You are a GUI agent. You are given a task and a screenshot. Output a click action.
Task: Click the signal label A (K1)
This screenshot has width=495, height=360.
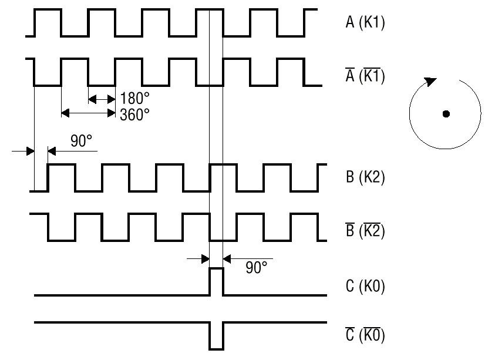point(365,22)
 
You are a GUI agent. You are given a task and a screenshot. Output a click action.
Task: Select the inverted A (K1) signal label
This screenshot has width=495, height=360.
point(365,76)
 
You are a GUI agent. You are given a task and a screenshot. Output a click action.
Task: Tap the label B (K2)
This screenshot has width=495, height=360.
point(365,177)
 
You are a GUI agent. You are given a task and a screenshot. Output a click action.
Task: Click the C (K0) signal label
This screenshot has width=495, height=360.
point(365,286)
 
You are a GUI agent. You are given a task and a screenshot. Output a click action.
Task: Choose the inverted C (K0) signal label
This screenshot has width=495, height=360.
point(365,334)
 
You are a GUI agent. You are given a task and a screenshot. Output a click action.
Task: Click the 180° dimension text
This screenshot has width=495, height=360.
point(134,98)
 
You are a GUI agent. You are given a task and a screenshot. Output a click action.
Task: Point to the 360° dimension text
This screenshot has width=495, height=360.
point(134,115)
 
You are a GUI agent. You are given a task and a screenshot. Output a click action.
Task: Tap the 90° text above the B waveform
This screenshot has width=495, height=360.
point(82,141)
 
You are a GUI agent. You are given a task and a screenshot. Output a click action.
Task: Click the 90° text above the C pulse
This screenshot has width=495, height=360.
point(257,267)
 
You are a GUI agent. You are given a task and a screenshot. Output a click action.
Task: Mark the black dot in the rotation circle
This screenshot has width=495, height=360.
point(446,114)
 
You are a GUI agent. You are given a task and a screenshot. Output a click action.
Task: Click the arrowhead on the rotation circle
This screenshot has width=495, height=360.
point(430,82)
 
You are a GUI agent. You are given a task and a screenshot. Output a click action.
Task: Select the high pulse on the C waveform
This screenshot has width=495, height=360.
point(216,282)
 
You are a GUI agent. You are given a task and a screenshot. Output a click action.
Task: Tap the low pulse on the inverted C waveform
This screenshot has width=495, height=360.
point(216,336)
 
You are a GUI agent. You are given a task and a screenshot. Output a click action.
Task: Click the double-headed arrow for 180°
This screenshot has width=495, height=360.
point(102,99)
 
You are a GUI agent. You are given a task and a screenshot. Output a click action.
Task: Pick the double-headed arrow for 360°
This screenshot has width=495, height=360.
point(89,113)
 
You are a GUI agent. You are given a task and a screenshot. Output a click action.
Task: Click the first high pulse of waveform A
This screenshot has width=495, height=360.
point(48,23)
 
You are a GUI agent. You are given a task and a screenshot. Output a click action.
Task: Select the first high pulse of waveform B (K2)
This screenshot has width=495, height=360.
point(61,177)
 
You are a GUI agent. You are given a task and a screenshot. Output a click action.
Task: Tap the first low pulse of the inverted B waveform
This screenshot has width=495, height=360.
point(61,227)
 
